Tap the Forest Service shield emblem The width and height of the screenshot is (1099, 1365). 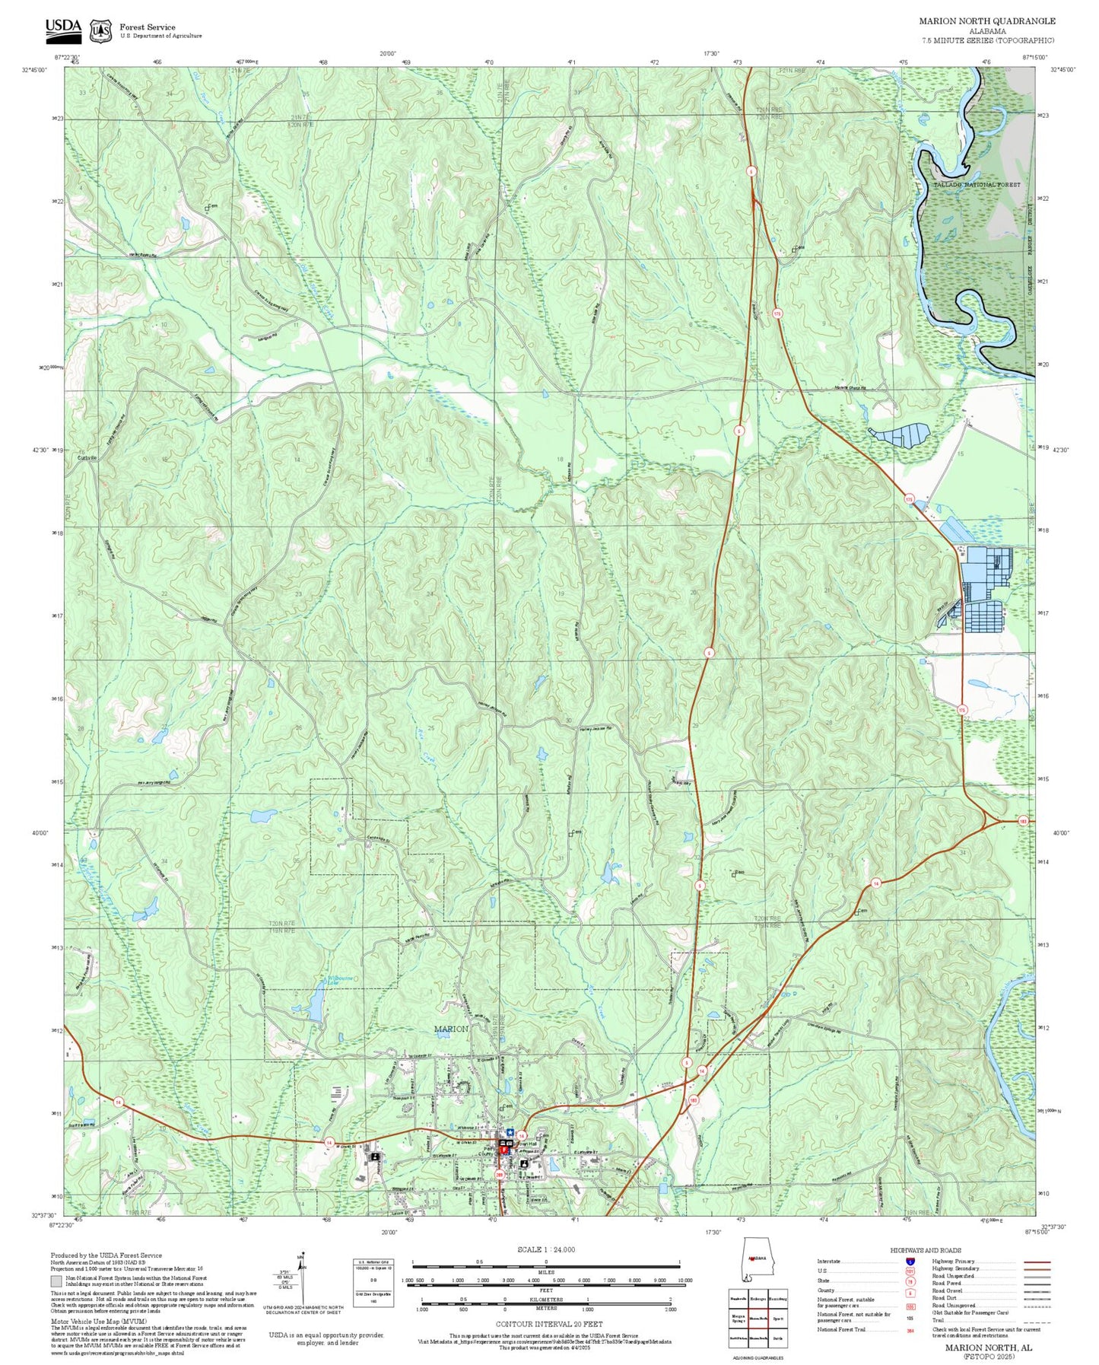pos(100,30)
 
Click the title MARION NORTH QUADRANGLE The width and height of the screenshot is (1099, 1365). pos(986,21)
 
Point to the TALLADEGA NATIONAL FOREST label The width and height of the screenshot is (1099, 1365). pos(977,185)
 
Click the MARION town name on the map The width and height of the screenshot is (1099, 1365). pos(450,1029)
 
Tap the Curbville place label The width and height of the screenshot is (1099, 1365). pos(87,457)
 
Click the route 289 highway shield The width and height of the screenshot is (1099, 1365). pos(500,1176)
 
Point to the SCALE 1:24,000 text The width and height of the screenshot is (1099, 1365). pos(545,1249)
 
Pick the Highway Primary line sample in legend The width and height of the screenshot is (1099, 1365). pos(1036,1261)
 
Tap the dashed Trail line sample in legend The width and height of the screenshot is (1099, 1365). pos(1036,1320)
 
